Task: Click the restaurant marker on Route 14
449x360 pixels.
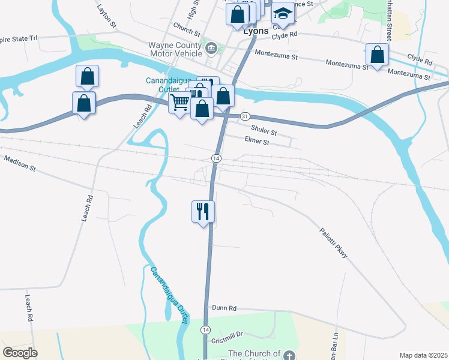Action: [x=203, y=211]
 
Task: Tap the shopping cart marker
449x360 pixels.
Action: [x=180, y=103]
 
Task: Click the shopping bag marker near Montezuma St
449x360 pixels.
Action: [x=378, y=55]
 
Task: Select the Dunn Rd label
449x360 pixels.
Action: [x=224, y=308]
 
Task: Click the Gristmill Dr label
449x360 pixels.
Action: [x=226, y=334]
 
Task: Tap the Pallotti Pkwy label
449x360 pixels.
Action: [x=333, y=242]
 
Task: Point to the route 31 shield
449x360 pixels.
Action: [x=244, y=115]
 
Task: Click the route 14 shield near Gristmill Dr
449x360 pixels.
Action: [x=206, y=330]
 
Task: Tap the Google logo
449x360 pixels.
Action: [x=20, y=353]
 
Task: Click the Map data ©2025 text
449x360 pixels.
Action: [x=423, y=355]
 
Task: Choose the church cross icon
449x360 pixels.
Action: [x=290, y=355]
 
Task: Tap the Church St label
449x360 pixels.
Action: [x=186, y=28]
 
